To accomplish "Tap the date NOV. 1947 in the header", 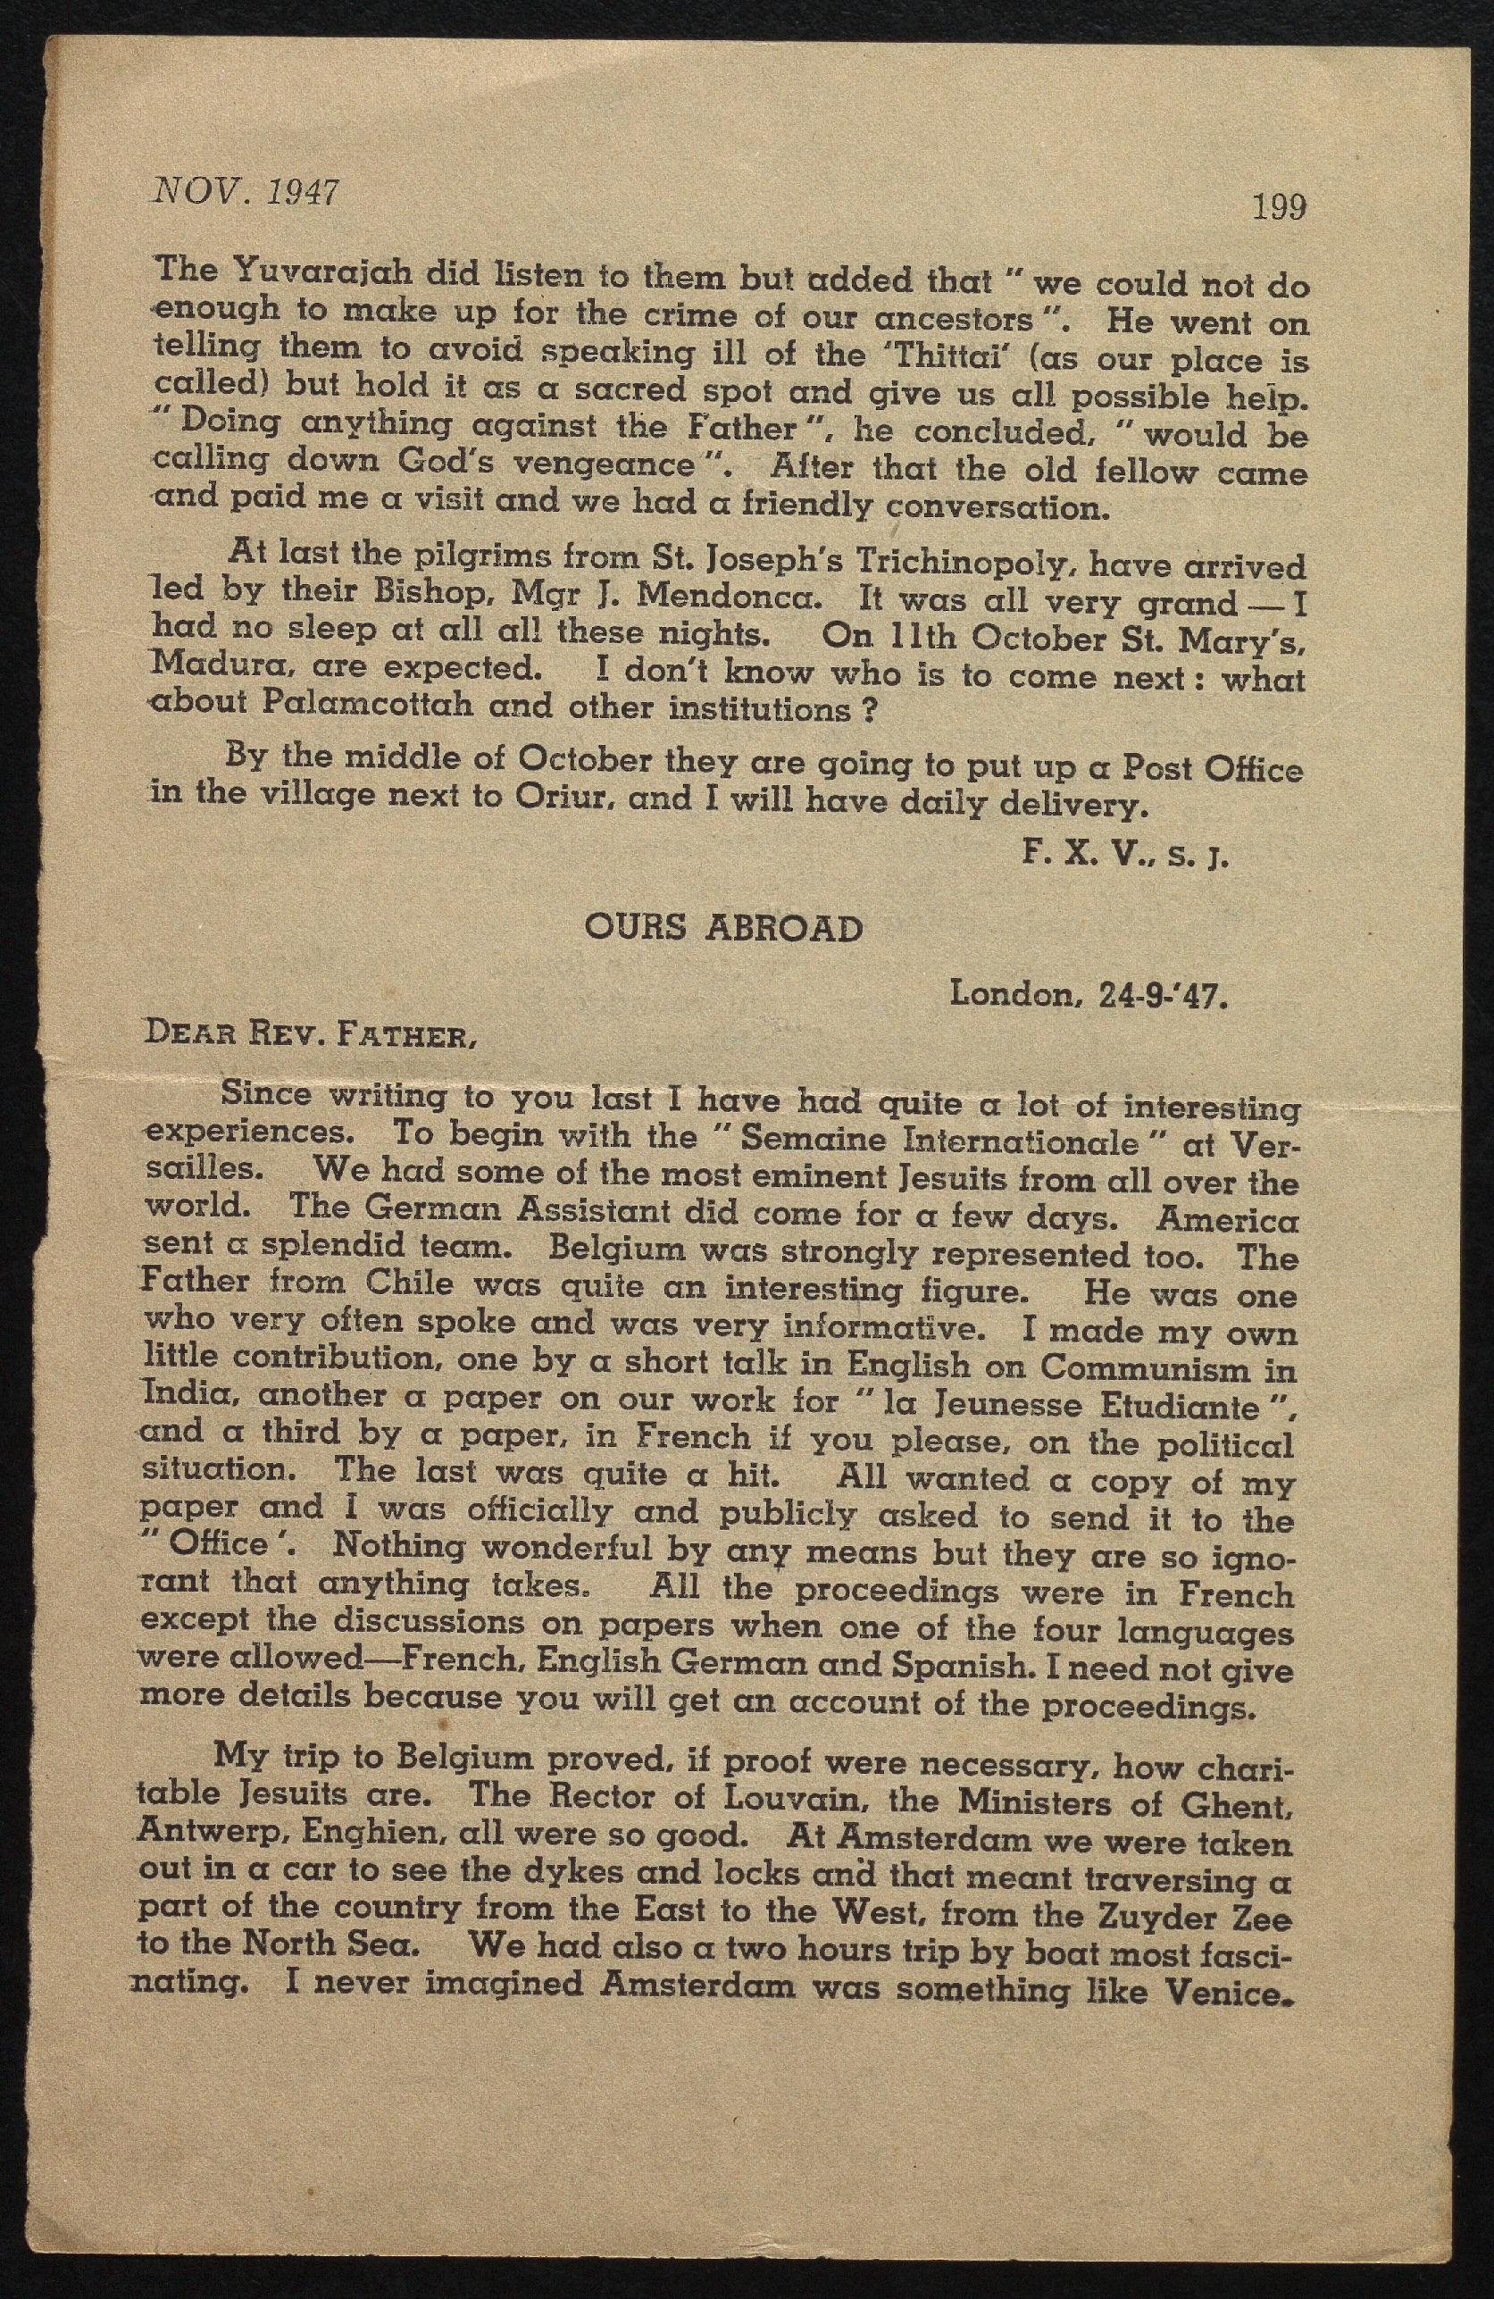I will click(x=246, y=193).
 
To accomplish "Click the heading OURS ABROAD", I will click(x=723, y=928).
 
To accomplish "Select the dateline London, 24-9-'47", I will click(x=1089, y=994).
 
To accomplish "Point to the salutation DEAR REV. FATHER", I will click(x=308, y=1035).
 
